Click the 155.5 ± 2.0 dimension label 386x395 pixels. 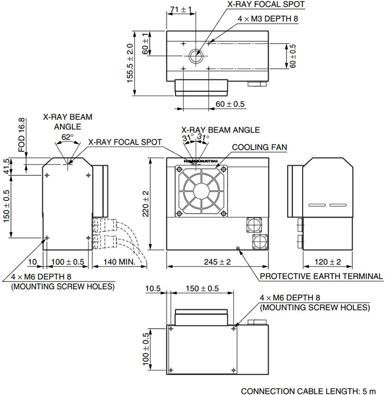click(130, 62)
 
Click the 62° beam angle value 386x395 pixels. click(67, 136)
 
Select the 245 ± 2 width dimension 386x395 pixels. click(217, 262)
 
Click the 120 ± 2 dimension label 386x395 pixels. click(327, 262)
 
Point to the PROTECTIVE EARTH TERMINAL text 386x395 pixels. click(322, 276)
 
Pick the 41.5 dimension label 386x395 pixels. click(7, 166)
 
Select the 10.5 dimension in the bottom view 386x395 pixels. click(153, 289)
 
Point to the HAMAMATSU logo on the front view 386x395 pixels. click(200, 160)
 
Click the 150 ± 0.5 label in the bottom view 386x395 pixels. click(202, 289)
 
